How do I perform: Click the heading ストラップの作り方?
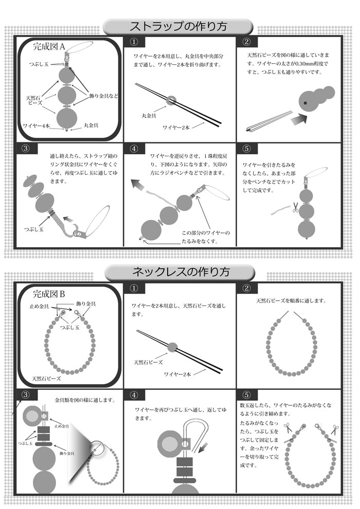click(x=178, y=26)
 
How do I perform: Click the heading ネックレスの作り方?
click(x=181, y=271)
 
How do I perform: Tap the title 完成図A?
click(x=49, y=47)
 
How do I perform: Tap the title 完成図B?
click(x=49, y=295)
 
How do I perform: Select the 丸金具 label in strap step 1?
click(x=149, y=116)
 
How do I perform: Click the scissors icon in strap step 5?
click(x=295, y=207)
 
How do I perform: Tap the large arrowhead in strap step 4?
click(x=136, y=185)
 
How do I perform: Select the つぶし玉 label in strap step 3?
click(x=34, y=229)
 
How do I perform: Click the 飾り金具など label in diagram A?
click(x=103, y=96)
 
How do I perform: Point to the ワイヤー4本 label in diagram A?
click(x=35, y=125)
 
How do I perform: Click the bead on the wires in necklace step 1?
click(x=172, y=347)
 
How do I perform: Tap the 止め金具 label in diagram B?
click(x=39, y=306)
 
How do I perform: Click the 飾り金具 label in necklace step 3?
click(x=67, y=453)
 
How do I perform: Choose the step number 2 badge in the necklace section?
click(x=247, y=288)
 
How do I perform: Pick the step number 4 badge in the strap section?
click(x=134, y=149)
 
